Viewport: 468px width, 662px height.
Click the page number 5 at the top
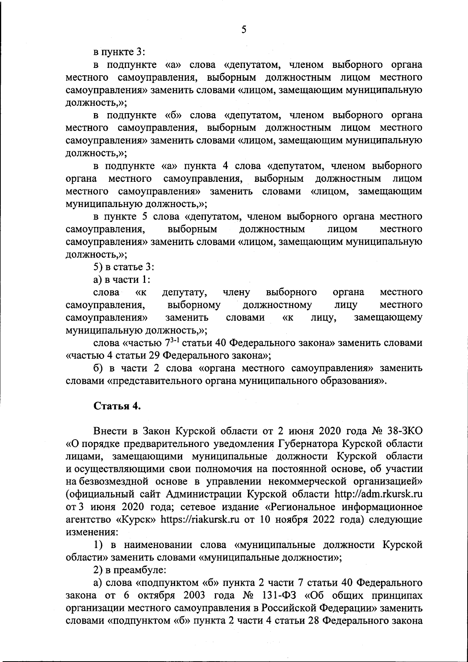243,29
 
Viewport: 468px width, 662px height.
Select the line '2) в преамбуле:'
130,570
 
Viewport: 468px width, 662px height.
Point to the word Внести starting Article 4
110,431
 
